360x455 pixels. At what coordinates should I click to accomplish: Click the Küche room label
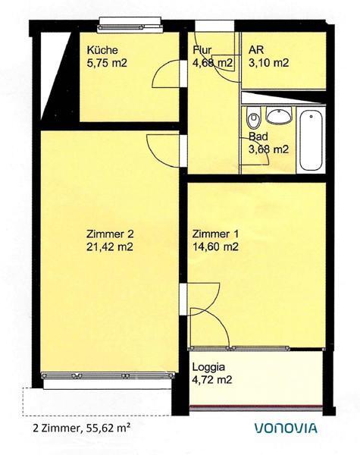click(x=102, y=50)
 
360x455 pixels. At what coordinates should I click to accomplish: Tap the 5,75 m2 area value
click(x=106, y=63)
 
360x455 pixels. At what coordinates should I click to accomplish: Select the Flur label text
click(x=201, y=50)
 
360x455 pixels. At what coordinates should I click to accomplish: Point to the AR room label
click(x=255, y=50)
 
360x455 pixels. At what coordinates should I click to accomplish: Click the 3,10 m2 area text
click(x=268, y=63)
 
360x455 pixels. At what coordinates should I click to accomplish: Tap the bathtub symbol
click(x=310, y=141)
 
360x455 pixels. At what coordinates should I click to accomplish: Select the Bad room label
click(x=258, y=137)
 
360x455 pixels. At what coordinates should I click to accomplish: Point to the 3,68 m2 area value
click(x=268, y=149)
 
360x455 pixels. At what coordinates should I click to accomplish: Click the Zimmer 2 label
click(x=110, y=234)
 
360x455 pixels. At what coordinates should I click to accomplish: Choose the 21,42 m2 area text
click(x=110, y=246)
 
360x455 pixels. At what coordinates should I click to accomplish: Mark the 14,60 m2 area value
click(x=216, y=246)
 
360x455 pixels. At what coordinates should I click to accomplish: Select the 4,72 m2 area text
click(x=212, y=379)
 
